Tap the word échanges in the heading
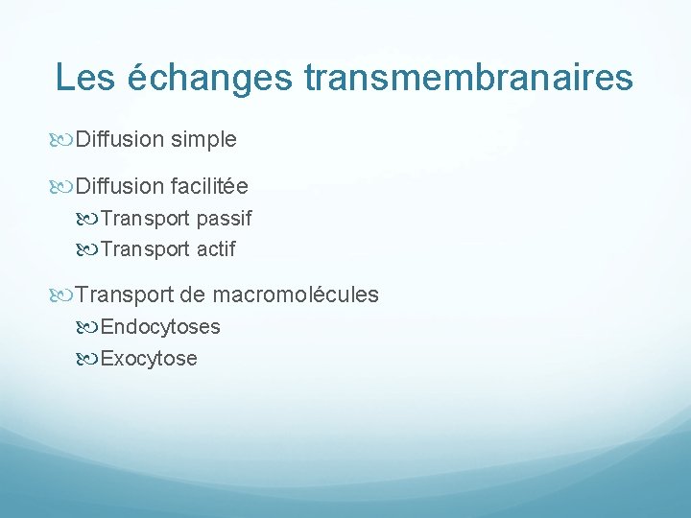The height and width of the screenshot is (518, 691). point(209,78)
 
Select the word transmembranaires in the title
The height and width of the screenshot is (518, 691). point(468,78)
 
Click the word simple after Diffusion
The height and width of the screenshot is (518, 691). point(203,140)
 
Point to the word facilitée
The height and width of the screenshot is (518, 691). point(209,186)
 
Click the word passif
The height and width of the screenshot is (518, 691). point(224,219)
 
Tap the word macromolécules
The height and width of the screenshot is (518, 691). point(296,294)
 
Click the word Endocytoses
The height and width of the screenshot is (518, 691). point(160,327)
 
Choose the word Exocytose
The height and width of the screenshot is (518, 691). point(149,359)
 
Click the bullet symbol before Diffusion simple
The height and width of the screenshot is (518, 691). point(63,140)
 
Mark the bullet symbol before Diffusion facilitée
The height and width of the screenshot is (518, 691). point(63,186)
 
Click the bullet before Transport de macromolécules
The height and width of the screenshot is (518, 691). point(63,294)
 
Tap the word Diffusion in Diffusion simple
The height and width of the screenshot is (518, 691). point(119,140)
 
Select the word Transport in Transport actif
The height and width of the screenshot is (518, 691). point(145,249)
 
